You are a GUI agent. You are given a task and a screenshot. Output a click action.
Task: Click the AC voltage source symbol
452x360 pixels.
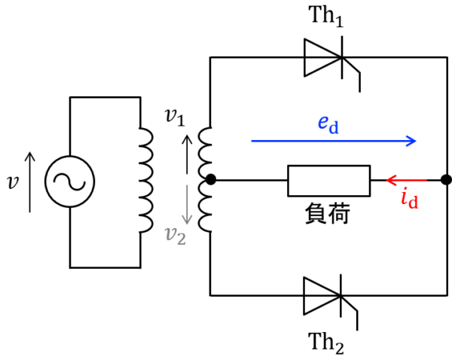pos(69,181)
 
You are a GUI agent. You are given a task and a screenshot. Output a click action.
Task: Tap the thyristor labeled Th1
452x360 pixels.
pos(325,57)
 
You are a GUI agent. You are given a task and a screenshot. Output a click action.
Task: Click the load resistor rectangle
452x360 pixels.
pos(328,181)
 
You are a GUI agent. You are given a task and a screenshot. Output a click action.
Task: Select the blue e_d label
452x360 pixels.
pos(328,124)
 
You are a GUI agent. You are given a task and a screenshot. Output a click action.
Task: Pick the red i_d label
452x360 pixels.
pos(409,199)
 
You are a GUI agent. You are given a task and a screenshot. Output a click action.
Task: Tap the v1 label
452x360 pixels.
pos(174,117)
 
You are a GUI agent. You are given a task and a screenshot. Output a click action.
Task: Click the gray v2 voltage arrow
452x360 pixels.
pos(188,209)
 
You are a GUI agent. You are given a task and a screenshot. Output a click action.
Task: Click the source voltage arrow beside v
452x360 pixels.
pos(30,181)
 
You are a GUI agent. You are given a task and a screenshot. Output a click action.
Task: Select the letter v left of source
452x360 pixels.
pos(12,182)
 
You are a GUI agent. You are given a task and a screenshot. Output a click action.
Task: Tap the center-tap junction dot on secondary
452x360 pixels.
pos(212,180)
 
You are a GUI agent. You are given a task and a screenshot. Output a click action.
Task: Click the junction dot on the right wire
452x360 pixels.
pos(446,180)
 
